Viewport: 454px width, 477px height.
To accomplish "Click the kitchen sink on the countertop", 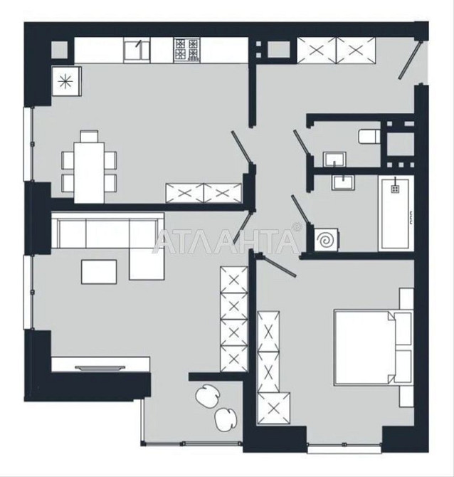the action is (137, 51).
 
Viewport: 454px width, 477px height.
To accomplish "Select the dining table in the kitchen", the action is (90, 173).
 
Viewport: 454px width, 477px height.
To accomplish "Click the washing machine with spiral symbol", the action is (326, 239).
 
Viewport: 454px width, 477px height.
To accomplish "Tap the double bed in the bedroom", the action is (374, 347).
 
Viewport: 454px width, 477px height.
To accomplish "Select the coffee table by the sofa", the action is (99, 272).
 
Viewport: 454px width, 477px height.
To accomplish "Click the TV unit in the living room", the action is (100, 365).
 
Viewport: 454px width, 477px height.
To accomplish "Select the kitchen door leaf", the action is (241, 146).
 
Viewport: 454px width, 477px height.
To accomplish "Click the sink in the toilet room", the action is (334, 159).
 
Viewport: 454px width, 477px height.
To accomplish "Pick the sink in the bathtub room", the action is (344, 182).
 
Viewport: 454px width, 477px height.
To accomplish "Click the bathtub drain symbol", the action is (395, 189).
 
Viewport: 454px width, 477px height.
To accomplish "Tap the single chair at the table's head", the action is (90, 136).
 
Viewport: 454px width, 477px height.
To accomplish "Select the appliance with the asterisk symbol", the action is (67, 82).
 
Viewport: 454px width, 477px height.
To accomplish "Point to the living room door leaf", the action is (243, 228).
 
